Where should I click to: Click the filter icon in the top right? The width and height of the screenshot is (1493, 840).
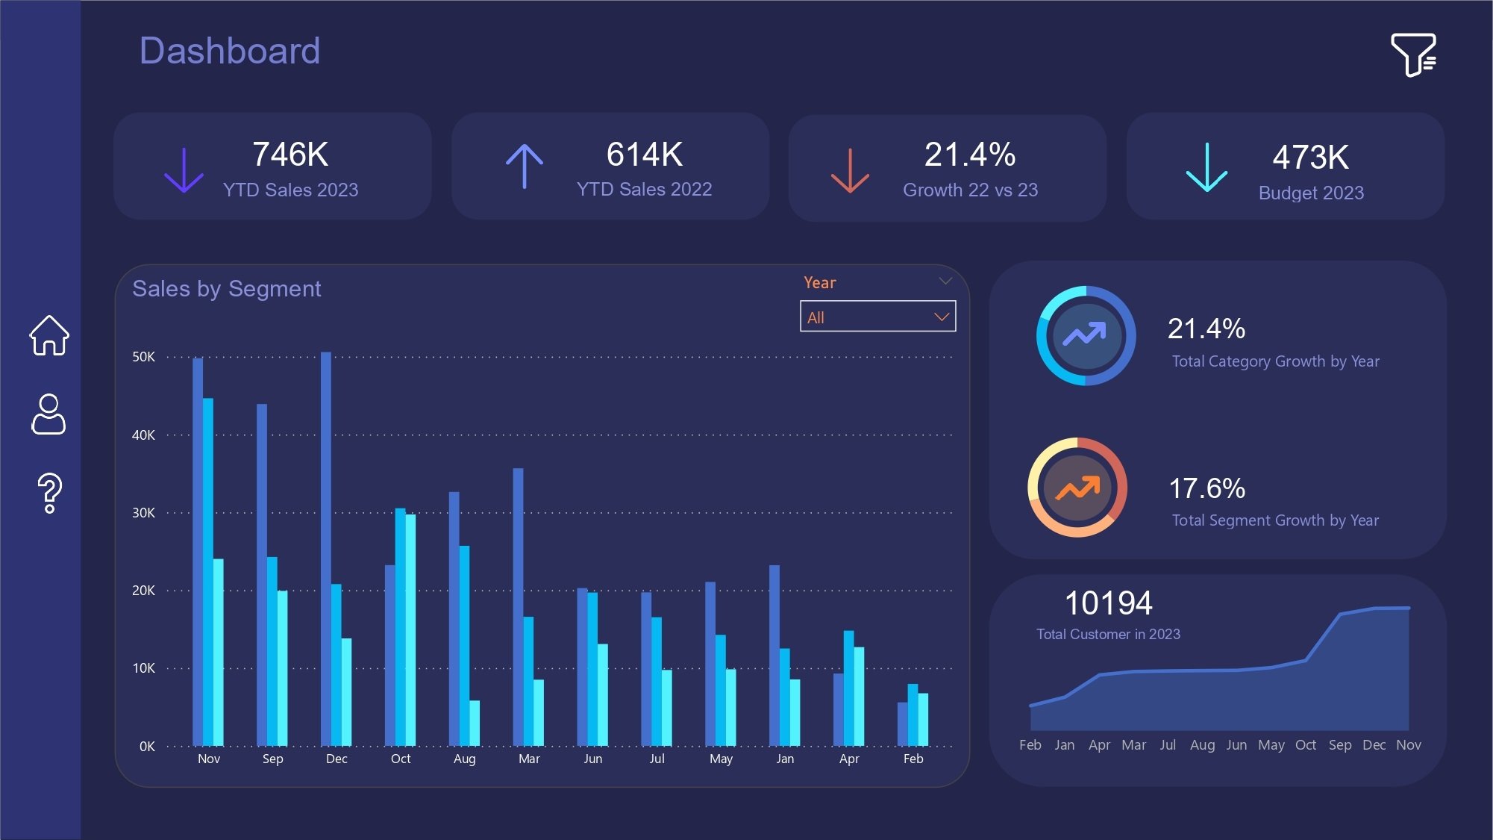point(1413,54)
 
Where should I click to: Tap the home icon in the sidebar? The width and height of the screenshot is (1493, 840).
point(49,335)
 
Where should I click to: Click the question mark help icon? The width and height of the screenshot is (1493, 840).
point(49,493)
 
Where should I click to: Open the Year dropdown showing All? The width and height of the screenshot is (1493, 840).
point(877,317)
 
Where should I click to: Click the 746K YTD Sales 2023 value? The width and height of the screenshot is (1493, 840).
point(290,155)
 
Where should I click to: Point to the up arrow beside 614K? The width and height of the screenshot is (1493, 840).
point(525,166)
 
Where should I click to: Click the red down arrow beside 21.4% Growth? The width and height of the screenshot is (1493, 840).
point(850,170)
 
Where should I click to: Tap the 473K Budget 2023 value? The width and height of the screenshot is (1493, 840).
point(1310,158)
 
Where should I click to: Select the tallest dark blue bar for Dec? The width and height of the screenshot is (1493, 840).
point(326,549)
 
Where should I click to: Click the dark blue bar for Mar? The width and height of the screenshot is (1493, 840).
point(518,606)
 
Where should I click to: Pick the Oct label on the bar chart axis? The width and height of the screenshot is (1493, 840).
point(401,759)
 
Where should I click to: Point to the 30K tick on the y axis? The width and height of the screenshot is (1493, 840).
point(143,513)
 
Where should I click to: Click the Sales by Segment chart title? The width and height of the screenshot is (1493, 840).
point(226,289)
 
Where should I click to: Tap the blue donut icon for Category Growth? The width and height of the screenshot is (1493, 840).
point(1086,336)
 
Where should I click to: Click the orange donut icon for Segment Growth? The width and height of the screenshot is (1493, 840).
point(1077,488)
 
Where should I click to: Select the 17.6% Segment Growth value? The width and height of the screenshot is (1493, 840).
point(1206,488)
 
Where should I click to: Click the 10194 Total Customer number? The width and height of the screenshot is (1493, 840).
point(1108,603)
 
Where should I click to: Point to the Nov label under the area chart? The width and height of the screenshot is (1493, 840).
point(1408,745)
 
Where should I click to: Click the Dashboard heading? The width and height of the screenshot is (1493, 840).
point(230,51)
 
